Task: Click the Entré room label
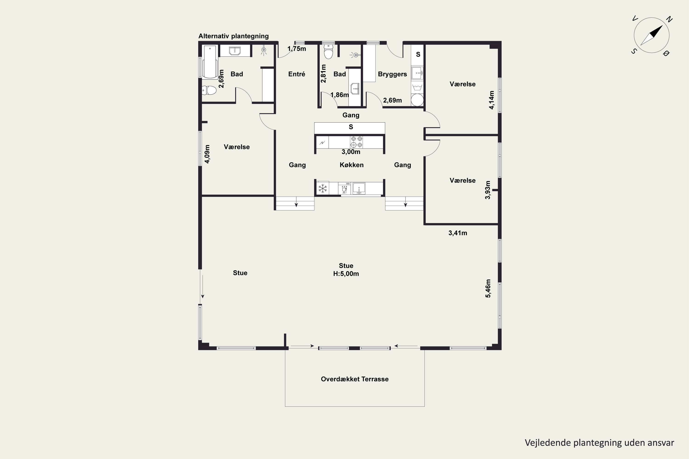click(296, 74)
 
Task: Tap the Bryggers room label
click(392, 74)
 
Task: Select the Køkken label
click(352, 165)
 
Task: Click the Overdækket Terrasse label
click(355, 379)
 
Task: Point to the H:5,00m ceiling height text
click(346, 274)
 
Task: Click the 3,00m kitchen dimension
click(351, 152)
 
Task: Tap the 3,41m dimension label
click(458, 233)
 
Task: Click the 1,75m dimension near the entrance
click(297, 49)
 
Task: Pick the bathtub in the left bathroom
click(210, 62)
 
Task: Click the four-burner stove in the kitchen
click(356, 142)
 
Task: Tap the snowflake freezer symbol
click(322, 188)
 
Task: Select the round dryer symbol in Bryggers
click(417, 100)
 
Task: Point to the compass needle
click(652, 35)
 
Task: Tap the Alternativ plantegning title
click(234, 36)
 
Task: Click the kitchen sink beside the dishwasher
click(359, 188)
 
